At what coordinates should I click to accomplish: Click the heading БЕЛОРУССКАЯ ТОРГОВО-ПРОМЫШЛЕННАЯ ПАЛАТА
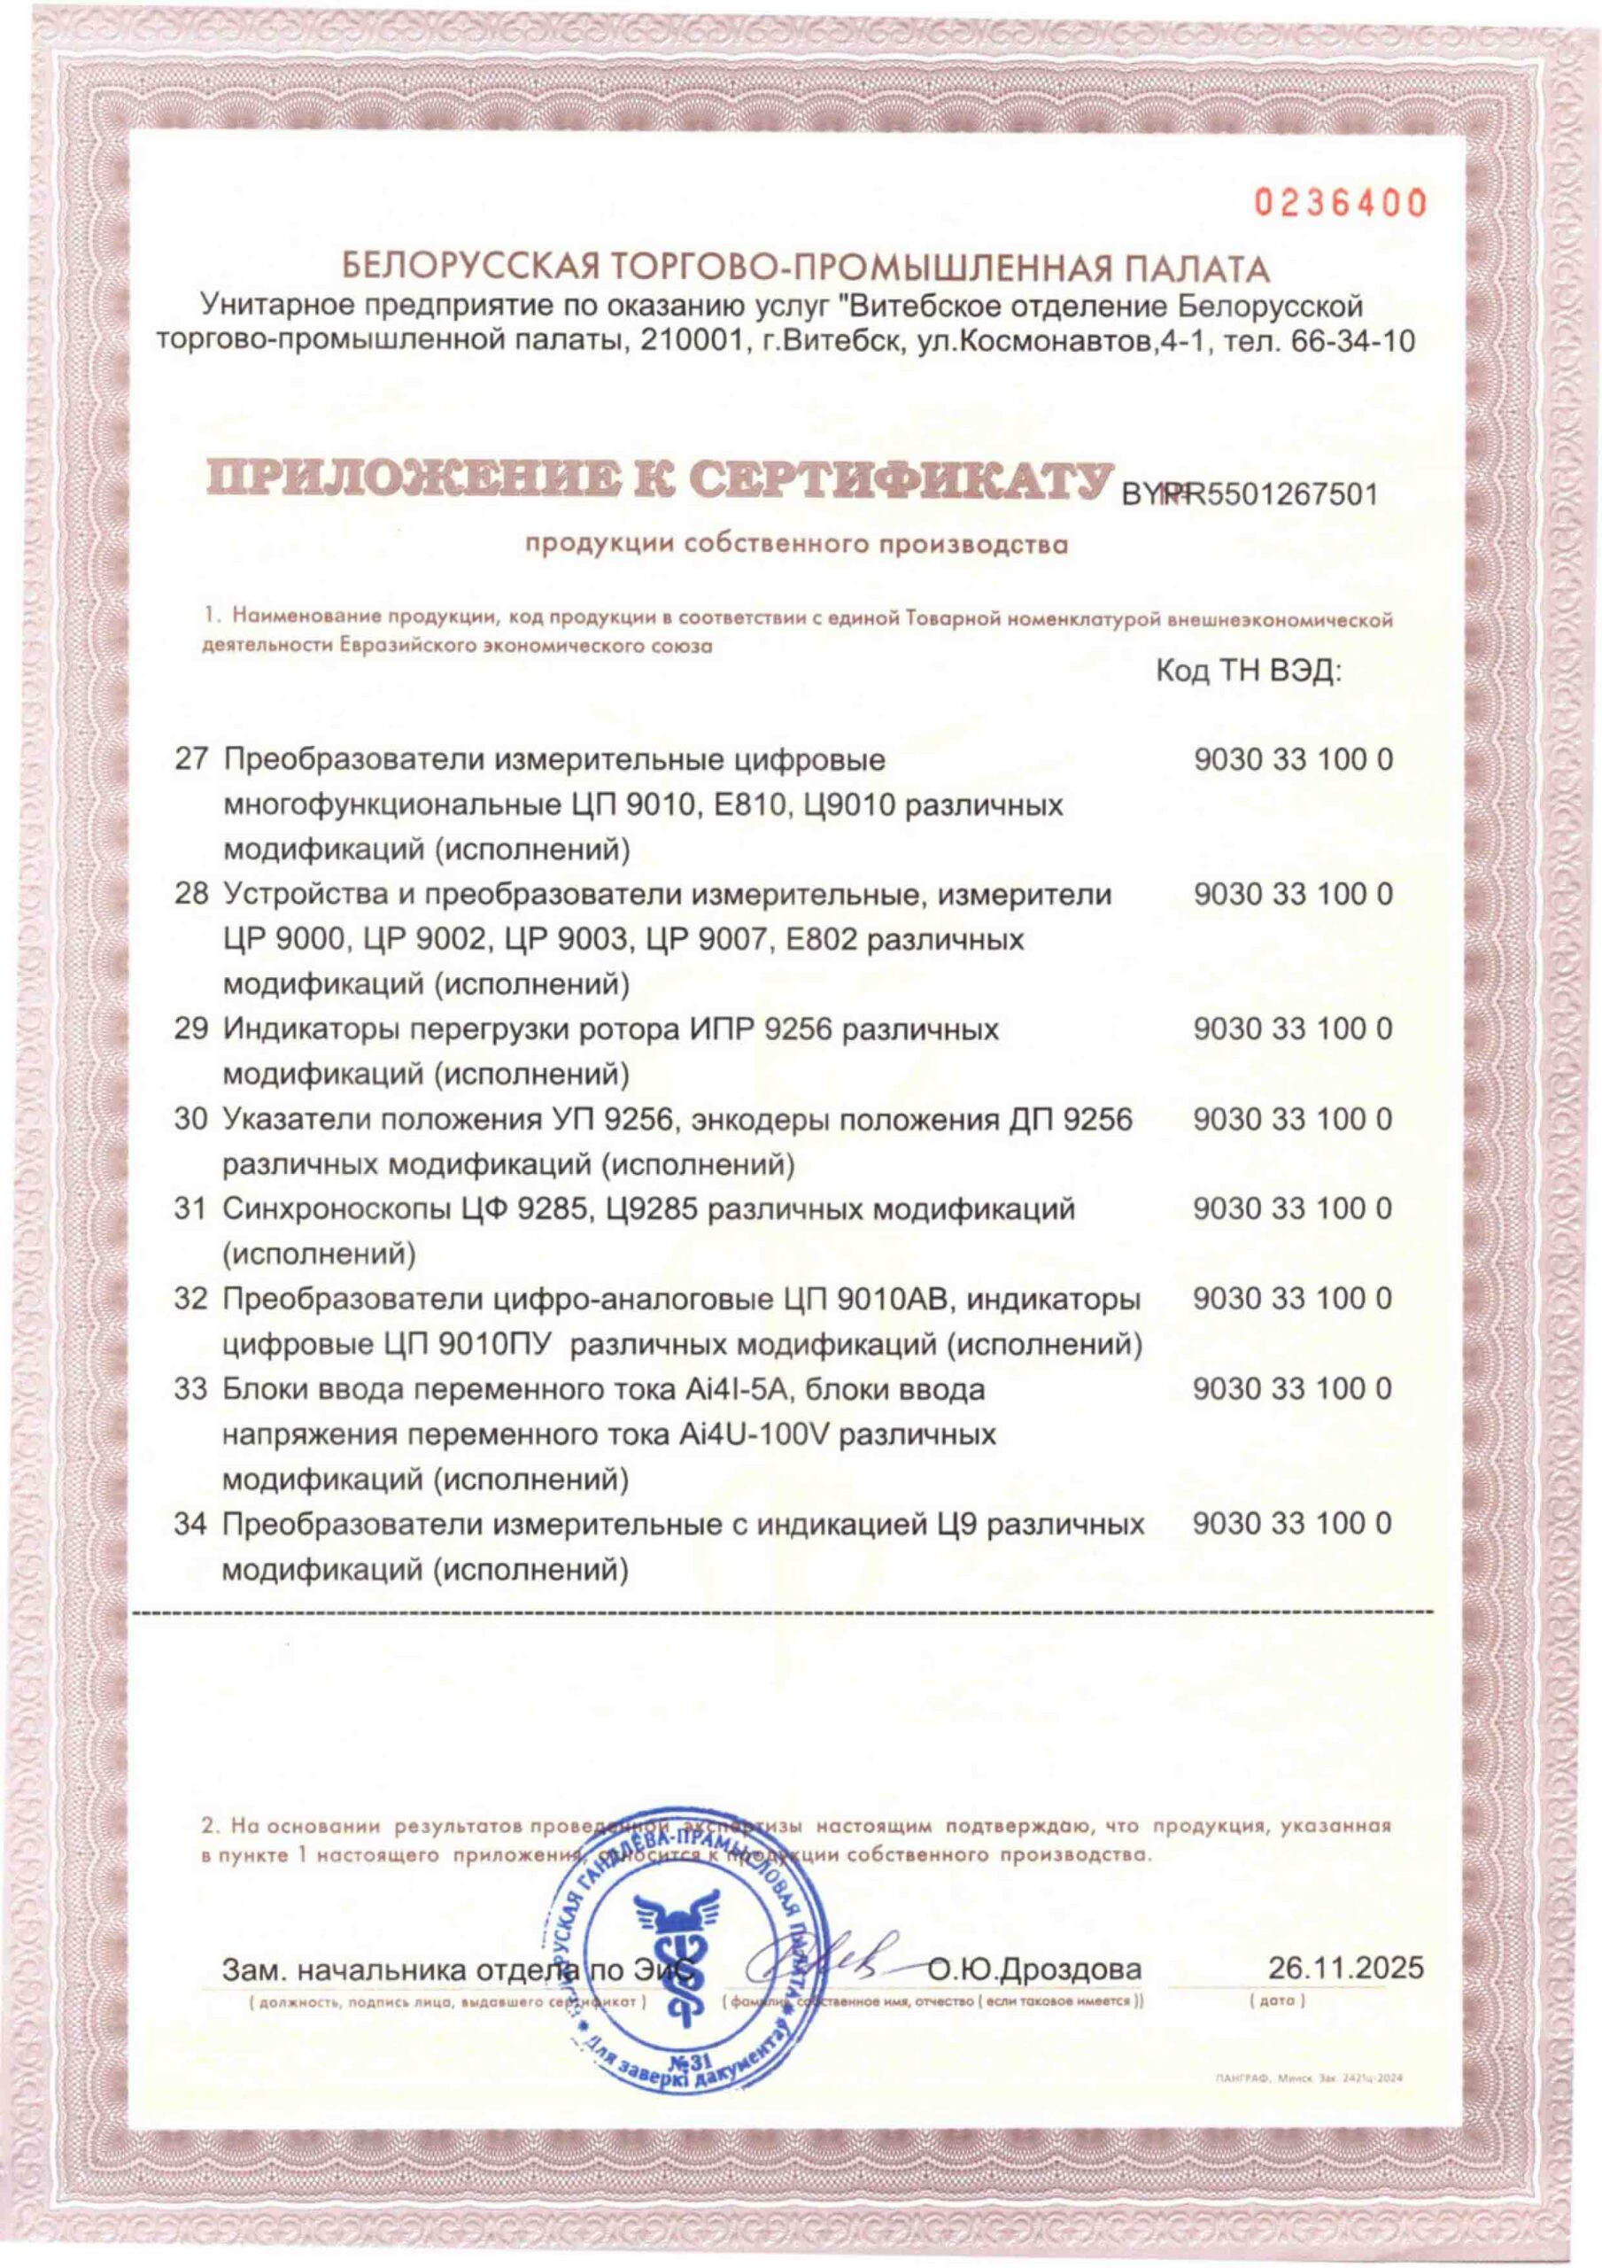pos(803,267)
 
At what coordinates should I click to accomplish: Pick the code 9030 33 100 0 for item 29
pos(1293,1029)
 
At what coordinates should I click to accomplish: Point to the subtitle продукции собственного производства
pos(796,543)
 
